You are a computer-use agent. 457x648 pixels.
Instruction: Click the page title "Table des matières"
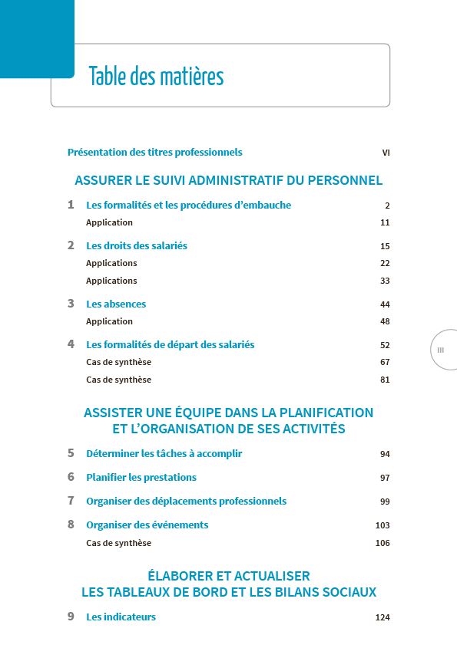tap(156, 77)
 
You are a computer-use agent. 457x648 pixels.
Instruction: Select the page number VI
tap(386, 153)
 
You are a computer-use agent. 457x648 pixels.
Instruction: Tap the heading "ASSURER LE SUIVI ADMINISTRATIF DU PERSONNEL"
tap(228, 181)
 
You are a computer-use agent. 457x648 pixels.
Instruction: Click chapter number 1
tap(71, 205)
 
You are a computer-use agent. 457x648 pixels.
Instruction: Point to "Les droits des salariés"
tap(137, 246)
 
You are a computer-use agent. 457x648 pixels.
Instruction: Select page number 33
tap(385, 281)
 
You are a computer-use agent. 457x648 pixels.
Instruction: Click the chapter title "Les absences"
tap(116, 304)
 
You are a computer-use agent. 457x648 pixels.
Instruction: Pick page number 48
tap(385, 321)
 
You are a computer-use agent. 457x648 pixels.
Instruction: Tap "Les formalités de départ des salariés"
tap(170, 345)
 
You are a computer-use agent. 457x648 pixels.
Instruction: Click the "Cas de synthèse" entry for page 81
tap(118, 380)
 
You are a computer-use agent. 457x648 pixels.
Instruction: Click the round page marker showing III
tap(441, 350)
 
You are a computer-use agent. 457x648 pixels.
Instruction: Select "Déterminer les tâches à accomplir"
tap(164, 454)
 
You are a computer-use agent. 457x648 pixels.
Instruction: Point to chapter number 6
tap(71, 477)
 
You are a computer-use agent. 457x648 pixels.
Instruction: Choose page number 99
tap(385, 502)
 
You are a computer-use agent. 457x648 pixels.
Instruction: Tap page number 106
tap(382, 543)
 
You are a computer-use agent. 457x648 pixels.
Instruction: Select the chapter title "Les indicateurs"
tap(121, 617)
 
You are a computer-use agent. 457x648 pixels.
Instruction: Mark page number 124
tap(382, 618)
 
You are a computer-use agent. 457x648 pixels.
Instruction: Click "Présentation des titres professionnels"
tap(154, 153)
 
